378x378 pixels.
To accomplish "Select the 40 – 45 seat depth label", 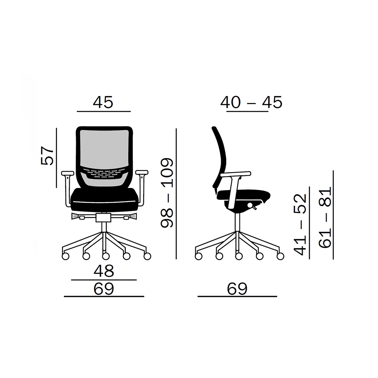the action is (x=251, y=102).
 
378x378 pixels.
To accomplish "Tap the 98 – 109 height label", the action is (x=167, y=193).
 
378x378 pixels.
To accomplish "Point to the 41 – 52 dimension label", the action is (x=300, y=224).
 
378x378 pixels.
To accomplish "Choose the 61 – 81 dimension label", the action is (x=325, y=217).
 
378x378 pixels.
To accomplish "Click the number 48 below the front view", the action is (x=104, y=271).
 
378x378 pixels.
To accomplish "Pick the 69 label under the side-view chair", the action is (x=237, y=289).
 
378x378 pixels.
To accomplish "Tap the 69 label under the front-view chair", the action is (x=104, y=289).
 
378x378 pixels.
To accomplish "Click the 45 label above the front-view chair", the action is (x=103, y=102).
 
